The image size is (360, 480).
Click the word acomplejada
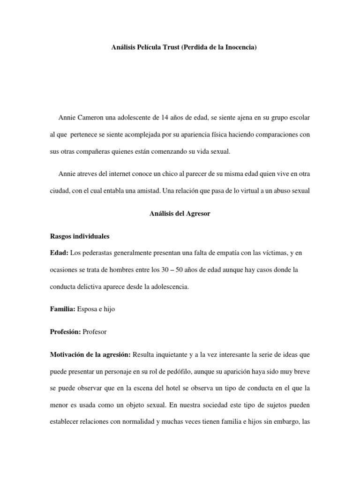coord(143,135)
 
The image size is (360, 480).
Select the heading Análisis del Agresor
coord(180,214)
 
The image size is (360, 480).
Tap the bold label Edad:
coord(59,253)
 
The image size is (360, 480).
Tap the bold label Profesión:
coord(65,332)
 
